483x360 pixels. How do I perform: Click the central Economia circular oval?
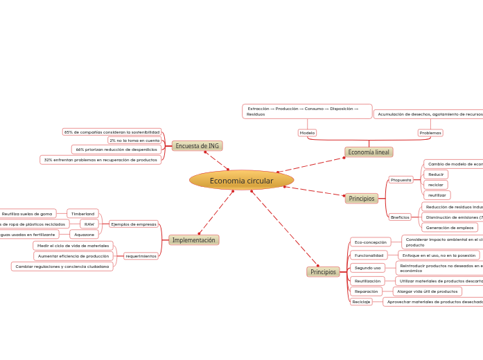(241, 181)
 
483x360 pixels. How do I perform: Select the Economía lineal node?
(369, 152)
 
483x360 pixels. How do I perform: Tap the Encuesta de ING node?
(197, 146)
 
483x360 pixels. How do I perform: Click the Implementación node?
(193, 240)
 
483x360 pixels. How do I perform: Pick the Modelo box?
(307, 132)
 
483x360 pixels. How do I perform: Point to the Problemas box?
(430, 132)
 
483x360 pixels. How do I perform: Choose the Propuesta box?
(401, 180)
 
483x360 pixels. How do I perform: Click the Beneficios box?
(400, 217)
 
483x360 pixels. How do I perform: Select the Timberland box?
(82, 214)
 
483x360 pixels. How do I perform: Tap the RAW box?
(89, 224)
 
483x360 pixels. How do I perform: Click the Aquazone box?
(85, 235)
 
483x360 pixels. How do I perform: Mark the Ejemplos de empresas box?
(134, 224)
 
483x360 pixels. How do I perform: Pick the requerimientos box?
(140, 255)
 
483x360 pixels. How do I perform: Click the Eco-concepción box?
(370, 242)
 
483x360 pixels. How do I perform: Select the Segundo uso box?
(367, 268)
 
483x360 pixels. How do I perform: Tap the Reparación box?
(366, 291)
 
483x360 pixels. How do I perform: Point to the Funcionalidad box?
(369, 255)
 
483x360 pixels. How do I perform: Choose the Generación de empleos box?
(449, 228)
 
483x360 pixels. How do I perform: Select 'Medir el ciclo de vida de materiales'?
(73, 246)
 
